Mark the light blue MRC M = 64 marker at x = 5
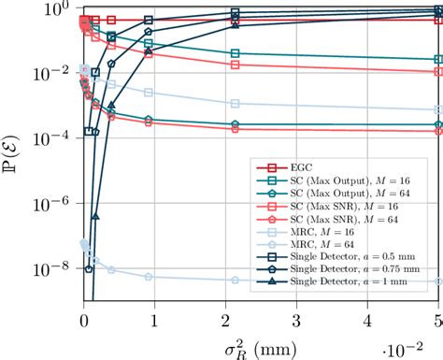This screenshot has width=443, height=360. tap(439, 281)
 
